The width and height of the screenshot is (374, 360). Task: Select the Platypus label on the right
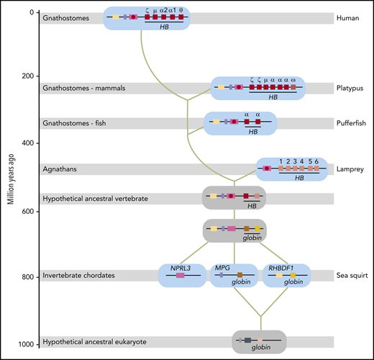pos(350,88)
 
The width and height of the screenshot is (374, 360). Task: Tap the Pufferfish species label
pos(351,123)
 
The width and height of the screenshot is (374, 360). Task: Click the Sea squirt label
pos(350,275)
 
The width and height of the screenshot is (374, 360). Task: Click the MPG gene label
pos(222,268)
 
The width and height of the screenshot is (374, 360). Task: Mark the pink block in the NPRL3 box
pos(180,276)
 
